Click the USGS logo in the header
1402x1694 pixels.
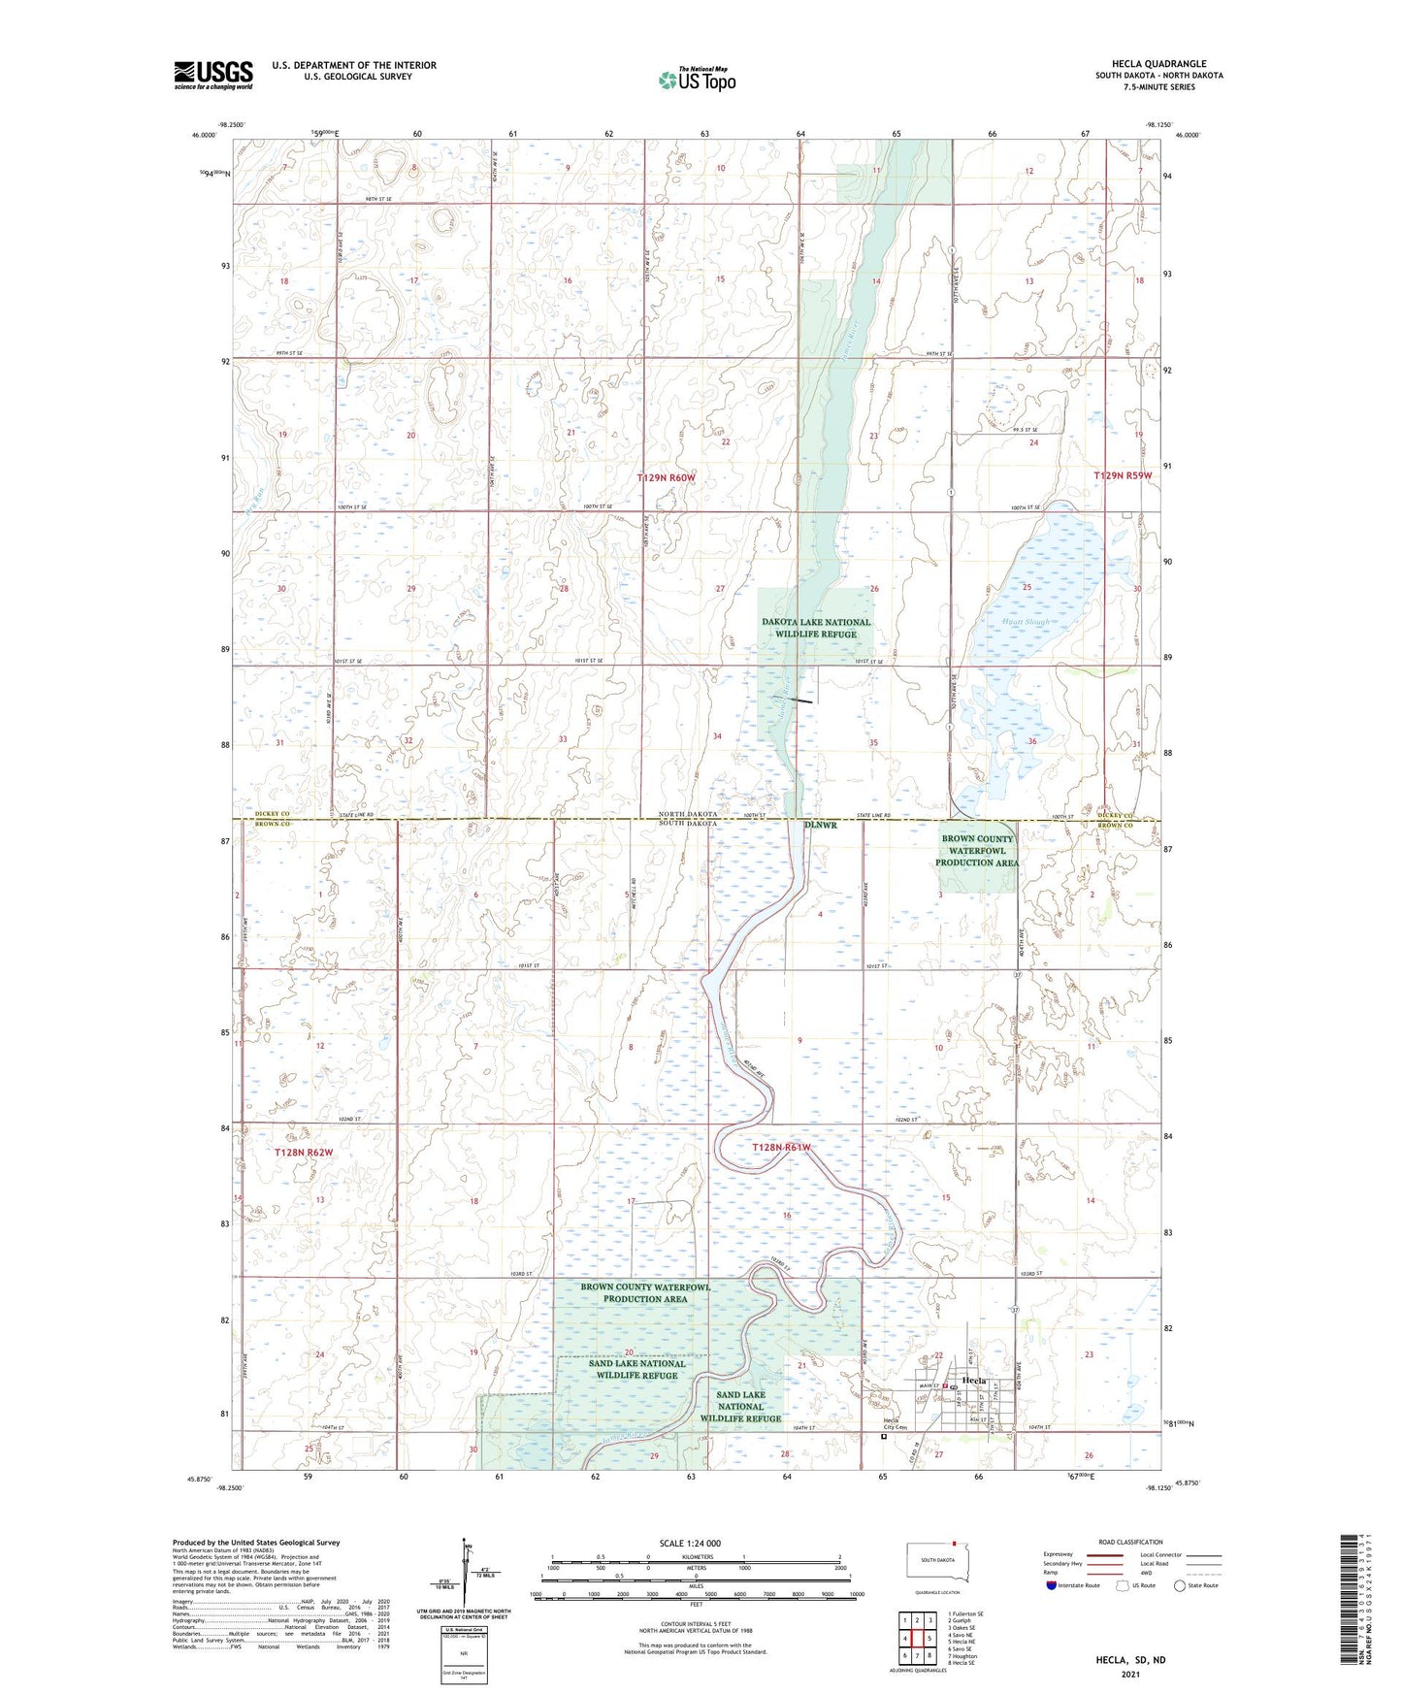[x=213, y=75]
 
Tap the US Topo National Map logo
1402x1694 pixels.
[x=696, y=80]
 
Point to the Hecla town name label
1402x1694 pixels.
[x=973, y=1381]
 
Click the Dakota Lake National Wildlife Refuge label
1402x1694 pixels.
[x=816, y=628]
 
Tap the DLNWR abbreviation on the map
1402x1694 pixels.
[x=820, y=825]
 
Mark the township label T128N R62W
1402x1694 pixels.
[x=304, y=1152]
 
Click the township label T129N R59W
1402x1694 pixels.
[x=1123, y=475]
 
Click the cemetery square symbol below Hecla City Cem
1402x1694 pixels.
[x=883, y=1439]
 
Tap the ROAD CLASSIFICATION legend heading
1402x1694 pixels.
[x=1130, y=1542]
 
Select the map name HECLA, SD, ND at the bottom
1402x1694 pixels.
[x=1130, y=1659]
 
